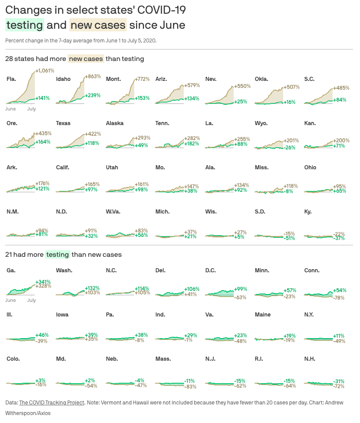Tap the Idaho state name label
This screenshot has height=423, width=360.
point(63,79)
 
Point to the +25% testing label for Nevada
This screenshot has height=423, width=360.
point(241,102)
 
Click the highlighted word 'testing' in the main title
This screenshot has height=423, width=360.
point(25,25)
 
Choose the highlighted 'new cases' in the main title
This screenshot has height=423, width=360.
point(98,25)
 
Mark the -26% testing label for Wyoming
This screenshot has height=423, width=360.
point(289,147)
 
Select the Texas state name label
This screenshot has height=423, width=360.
point(63,123)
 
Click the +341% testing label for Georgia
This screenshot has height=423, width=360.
point(43,282)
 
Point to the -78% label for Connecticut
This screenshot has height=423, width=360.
point(339,298)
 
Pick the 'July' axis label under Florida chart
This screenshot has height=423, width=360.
point(31,109)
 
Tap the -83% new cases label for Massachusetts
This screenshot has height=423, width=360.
point(190,387)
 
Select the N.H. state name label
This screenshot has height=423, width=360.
point(310,359)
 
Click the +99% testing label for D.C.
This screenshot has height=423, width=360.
point(241,289)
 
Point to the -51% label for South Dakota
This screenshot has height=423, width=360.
point(289,238)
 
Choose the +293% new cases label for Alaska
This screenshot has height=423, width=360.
point(142,138)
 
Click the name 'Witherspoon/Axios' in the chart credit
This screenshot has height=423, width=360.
point(28,413)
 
